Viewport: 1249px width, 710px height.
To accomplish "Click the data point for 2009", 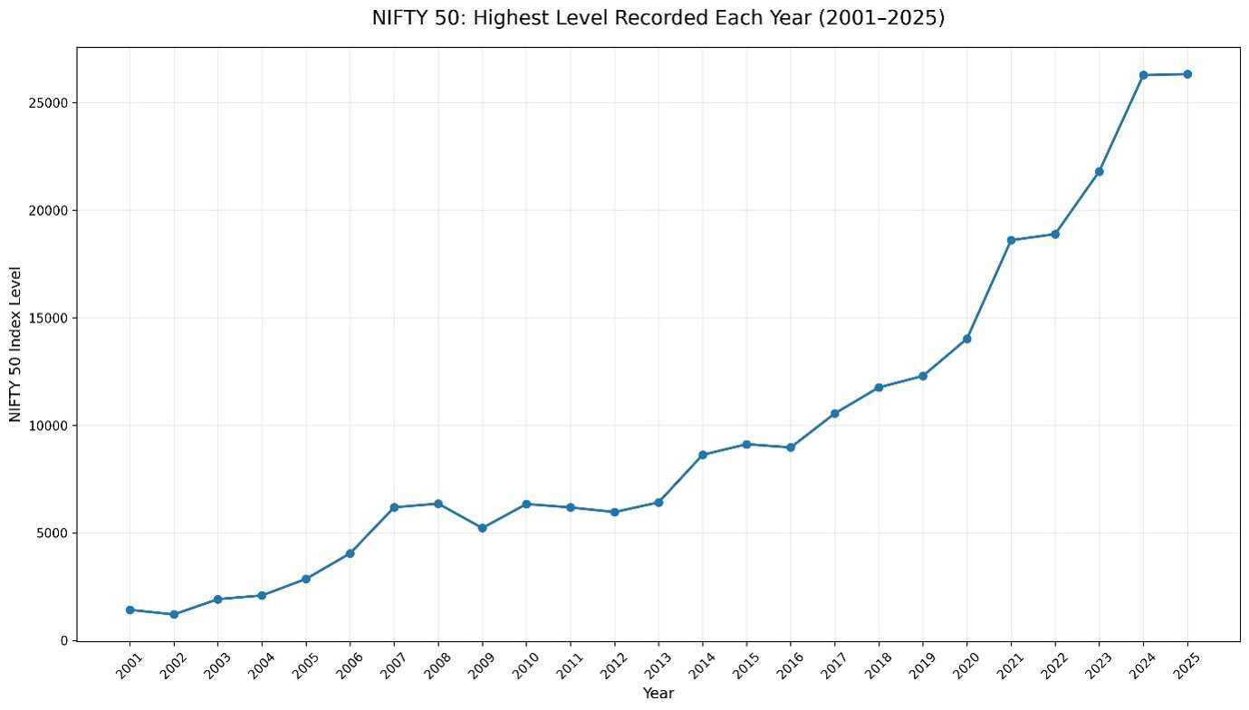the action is [x=483, y=528].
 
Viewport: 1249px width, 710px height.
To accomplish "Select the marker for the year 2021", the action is [x=1011, y=240].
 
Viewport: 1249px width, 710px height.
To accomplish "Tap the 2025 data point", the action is [x=1187, y=74].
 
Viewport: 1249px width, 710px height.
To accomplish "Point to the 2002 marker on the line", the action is [x=174, y=614].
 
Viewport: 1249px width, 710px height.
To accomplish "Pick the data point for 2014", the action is [x=703, y=455].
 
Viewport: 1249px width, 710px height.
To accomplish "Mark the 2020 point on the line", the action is [x=966, y=339].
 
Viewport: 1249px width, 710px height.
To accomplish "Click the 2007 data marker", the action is [x=394, y=507].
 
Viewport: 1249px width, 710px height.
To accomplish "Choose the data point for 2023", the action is [x=1099, y=172].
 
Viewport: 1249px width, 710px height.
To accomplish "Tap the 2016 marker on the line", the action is [x=791, y=447].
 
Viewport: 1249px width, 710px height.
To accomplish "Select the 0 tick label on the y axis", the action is [x=64, y=641].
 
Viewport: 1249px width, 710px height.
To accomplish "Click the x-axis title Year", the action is [x=658, y=694].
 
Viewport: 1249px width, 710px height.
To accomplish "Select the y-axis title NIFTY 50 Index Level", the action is [x=15, y=344].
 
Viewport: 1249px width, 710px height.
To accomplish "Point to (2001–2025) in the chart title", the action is [x=882, y=18].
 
